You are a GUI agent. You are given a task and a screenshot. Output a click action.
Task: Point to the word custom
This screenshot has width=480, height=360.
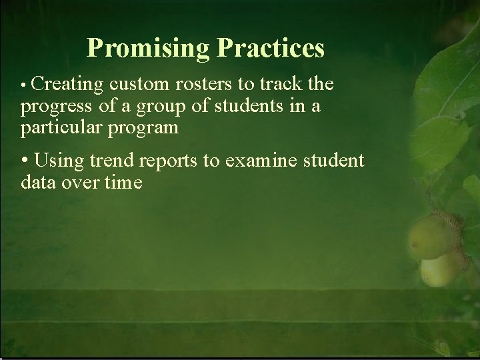[x=136, y=85]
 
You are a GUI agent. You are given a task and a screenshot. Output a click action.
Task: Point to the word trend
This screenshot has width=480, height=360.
[x=111, y=161]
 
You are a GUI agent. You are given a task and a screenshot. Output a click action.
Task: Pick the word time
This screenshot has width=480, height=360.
[x=123, y=183]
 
